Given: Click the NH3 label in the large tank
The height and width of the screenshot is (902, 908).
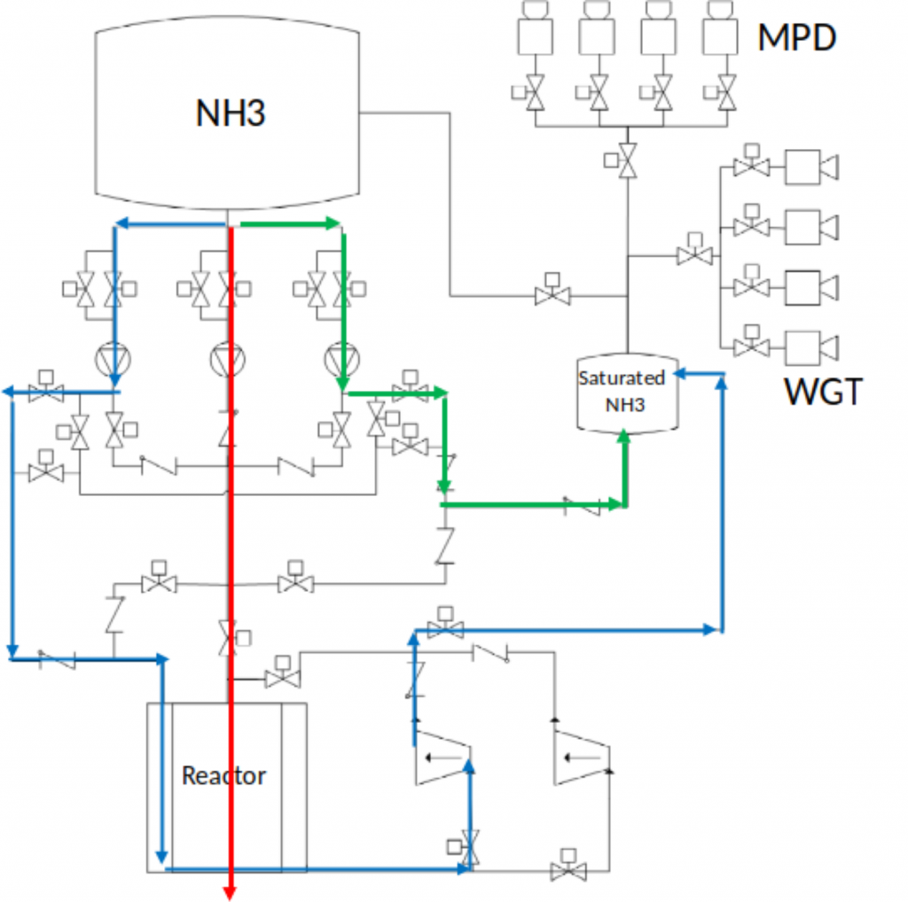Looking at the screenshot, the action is [231, 113].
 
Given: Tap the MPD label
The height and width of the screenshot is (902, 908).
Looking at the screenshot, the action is [797, 37].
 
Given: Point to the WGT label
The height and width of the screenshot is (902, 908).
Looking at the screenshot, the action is [823, 392].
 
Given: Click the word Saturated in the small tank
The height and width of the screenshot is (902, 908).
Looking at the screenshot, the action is [622, 377].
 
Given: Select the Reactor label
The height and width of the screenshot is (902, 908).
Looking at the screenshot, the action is [223, 775].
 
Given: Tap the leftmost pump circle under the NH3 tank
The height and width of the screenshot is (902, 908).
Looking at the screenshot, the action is [113, 360].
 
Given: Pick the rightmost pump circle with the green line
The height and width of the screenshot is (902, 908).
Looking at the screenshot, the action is [341, 360].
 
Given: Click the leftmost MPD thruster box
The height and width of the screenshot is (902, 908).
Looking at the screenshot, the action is [535, 36].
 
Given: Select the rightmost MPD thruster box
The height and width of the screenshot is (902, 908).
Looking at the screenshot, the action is [720, 36].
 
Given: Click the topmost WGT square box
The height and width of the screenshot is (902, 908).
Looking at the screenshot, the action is [802, 167].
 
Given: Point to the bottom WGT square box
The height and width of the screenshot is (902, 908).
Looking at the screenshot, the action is [802, 348].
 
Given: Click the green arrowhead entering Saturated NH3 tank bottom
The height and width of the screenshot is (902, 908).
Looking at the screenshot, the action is [623, 436].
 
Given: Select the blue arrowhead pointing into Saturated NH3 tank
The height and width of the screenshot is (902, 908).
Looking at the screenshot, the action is [680, 374].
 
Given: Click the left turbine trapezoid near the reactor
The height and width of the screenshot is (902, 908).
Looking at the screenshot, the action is [443, 758].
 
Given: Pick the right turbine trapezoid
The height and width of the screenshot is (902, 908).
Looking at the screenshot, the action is [582, 758].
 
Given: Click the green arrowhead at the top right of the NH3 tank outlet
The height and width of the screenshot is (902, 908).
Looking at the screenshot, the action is [333, 224].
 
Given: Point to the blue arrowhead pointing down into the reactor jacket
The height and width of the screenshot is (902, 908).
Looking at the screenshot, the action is [162, 857].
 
